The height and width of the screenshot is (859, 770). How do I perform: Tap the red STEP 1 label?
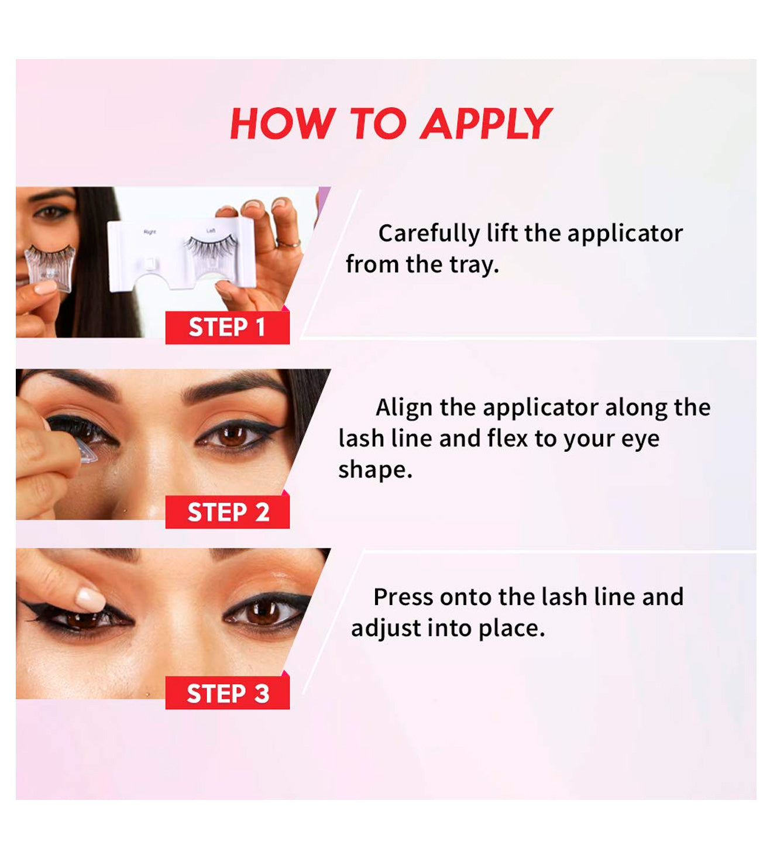(x=227, y=327)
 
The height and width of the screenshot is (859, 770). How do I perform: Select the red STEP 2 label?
(x=227, y=512)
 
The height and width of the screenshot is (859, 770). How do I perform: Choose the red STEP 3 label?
(x=227, y=693)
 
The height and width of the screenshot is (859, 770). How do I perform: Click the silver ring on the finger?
(x=288, y=244)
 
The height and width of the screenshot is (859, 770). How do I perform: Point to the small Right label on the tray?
(x=150, y=232)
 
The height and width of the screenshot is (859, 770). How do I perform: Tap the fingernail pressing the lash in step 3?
(x=90, y=600)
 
